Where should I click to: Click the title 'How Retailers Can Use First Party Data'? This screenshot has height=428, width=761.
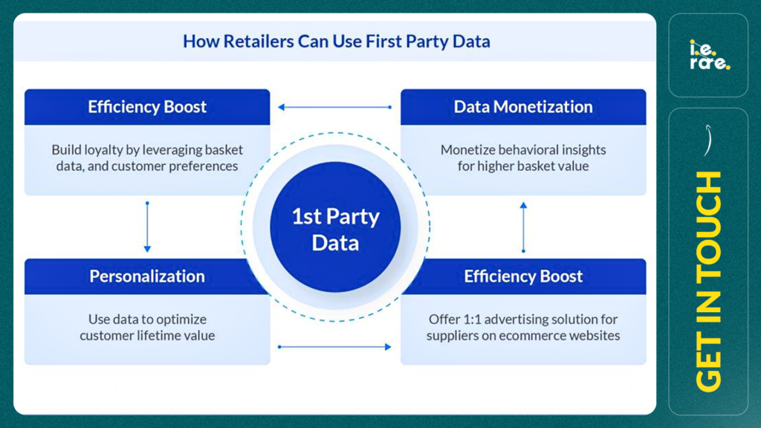coord(337,42)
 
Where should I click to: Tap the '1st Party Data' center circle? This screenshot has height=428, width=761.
coord(335,227)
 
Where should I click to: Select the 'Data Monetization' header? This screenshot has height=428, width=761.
coord(523,107)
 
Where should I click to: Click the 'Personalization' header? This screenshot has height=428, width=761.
coord(147,276)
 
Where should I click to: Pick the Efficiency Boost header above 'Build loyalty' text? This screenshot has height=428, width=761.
coord(147,107)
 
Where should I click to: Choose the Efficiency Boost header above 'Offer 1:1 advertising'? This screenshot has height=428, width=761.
coord(523,276)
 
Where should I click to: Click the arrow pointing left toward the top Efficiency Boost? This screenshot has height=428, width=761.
coord(335,107)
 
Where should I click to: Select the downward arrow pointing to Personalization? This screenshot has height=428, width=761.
coord(147,227)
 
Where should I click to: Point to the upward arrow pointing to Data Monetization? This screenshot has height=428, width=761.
coord(523,227)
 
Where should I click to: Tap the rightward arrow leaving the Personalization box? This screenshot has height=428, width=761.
coord(335,346)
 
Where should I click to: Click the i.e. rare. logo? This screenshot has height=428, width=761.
coord(709,55)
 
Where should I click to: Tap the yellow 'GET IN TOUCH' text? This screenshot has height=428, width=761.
coord(708,281)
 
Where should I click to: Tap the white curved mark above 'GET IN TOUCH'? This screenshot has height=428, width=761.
coord(708,140)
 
